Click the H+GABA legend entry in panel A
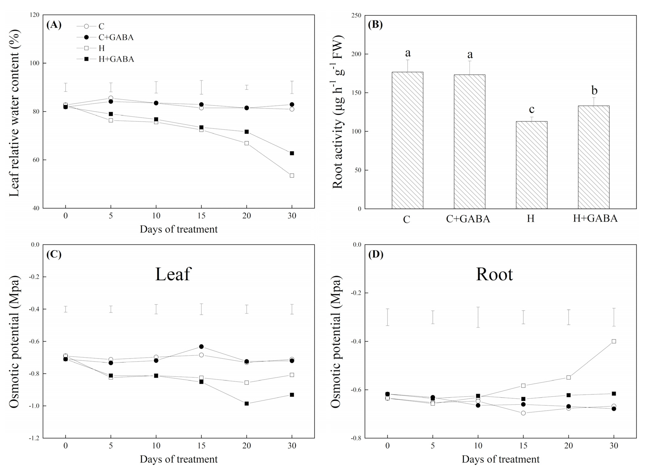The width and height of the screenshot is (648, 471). click(116, 59)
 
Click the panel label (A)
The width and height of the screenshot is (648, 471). click(54, 25)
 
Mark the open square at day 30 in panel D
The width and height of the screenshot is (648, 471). click(614, 341)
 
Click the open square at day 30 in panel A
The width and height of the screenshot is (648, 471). click(292, 175)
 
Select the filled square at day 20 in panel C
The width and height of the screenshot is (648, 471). click(247, 404)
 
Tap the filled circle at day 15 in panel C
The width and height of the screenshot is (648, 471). click(201, 346)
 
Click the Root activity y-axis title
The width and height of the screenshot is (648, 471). click(338, 112)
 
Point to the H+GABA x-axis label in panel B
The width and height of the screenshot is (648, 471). click(595, 218)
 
